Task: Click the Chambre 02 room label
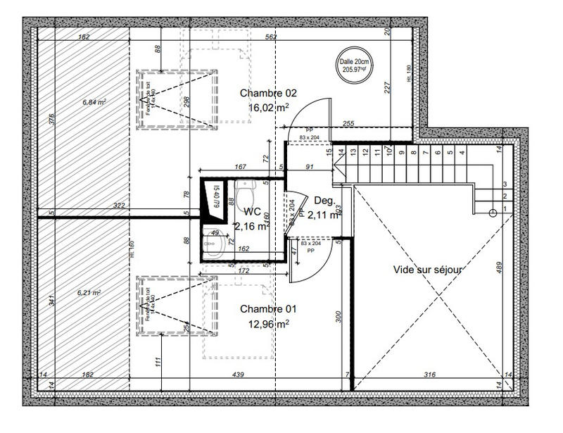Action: tap(268, 93)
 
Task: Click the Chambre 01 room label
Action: tap(268, 309)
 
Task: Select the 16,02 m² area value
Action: tap(268, 108)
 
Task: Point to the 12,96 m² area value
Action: tap(268, 324)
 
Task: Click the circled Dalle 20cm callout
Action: tap(355, 65)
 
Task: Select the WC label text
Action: tap(253, 211)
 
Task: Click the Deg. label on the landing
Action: tap(323, 199)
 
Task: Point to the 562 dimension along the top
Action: tap(270, 37)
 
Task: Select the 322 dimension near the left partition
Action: tap(119, 206)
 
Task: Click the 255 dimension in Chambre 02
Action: tap(348, 124)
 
